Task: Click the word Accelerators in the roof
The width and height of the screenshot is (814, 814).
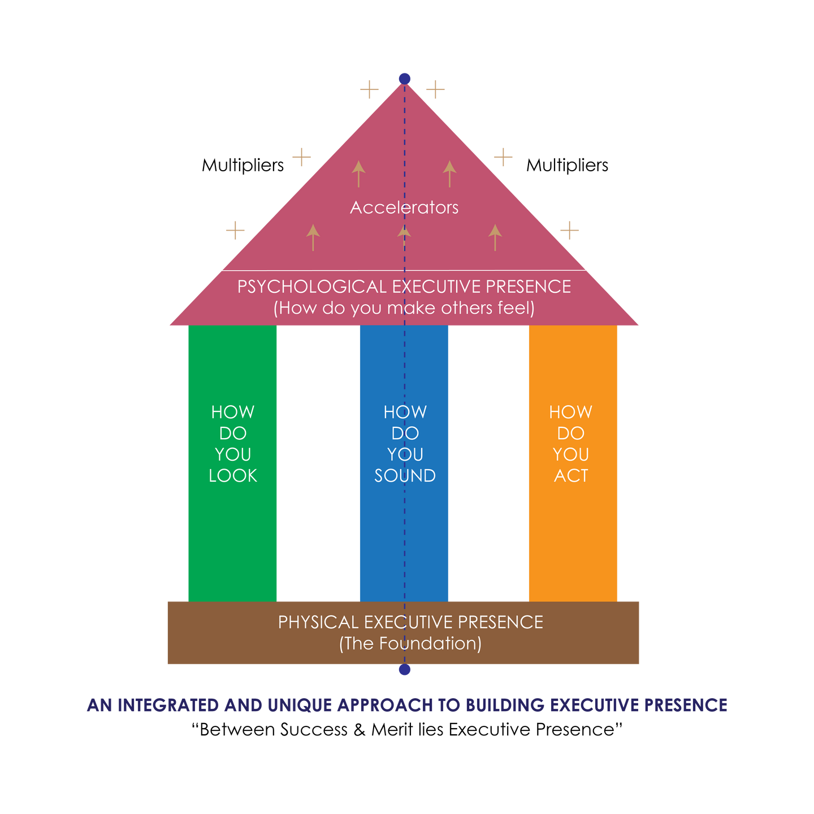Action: point(404,207)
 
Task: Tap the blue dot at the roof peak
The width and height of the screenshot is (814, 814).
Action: point(405,78)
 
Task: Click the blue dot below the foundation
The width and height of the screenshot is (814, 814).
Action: point(405,670)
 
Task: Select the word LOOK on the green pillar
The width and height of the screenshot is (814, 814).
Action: point(233,476)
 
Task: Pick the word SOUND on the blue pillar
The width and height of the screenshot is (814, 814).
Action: point(405,476)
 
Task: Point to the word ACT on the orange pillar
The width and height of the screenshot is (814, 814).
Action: point(571,476)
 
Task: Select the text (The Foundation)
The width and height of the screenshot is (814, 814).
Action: point(410,644)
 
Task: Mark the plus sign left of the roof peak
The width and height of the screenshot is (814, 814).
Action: point(369,89)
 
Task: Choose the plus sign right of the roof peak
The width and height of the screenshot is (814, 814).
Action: point(435,89)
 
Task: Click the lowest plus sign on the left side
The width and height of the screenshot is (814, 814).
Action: point(235,231)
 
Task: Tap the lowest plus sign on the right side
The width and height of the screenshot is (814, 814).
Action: point(569,231)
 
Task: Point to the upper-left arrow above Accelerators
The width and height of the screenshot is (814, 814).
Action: point(358,174)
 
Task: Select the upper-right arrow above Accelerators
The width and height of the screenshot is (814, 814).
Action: point(449,174)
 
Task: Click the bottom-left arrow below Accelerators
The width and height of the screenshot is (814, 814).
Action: point(313,237)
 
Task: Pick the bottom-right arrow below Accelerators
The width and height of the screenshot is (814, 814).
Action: point(495,237)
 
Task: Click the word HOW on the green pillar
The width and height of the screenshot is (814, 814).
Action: point(233,412)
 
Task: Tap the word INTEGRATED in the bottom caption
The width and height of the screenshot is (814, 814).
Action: point(168,705)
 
